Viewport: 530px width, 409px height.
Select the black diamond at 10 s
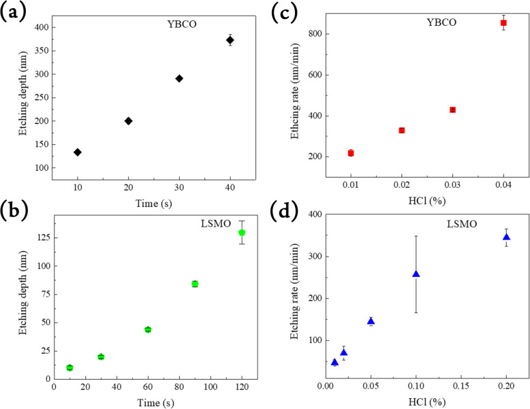[78, 152]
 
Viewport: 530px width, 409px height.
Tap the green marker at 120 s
[242, 233]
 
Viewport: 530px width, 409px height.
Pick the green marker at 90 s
[195, 284]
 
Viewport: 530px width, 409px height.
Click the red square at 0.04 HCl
[503, 22]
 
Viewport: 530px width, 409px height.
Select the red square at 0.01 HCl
[351, 153]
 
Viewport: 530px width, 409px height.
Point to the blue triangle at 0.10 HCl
[416, 274]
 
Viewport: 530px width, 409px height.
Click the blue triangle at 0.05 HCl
[371, 321]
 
